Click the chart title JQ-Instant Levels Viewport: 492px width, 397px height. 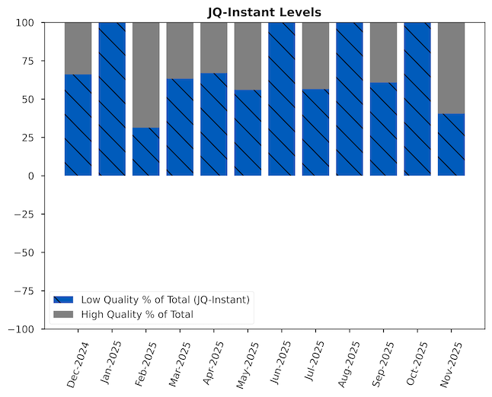[x=264, y=11]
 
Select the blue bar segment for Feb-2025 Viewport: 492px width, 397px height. [x=145, y=151]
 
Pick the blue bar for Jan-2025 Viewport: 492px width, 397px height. [x=112, y=99]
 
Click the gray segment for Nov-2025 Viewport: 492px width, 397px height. [x=452, y=68]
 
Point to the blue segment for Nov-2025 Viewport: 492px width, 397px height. [x=452, y=145]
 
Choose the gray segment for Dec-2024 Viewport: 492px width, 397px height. [x=78, y=48]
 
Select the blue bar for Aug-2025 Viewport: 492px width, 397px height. [x=350, y=99]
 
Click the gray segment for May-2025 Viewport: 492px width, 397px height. [x=248, y=56]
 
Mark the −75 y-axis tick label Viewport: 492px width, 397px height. [x=24, y=291]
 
